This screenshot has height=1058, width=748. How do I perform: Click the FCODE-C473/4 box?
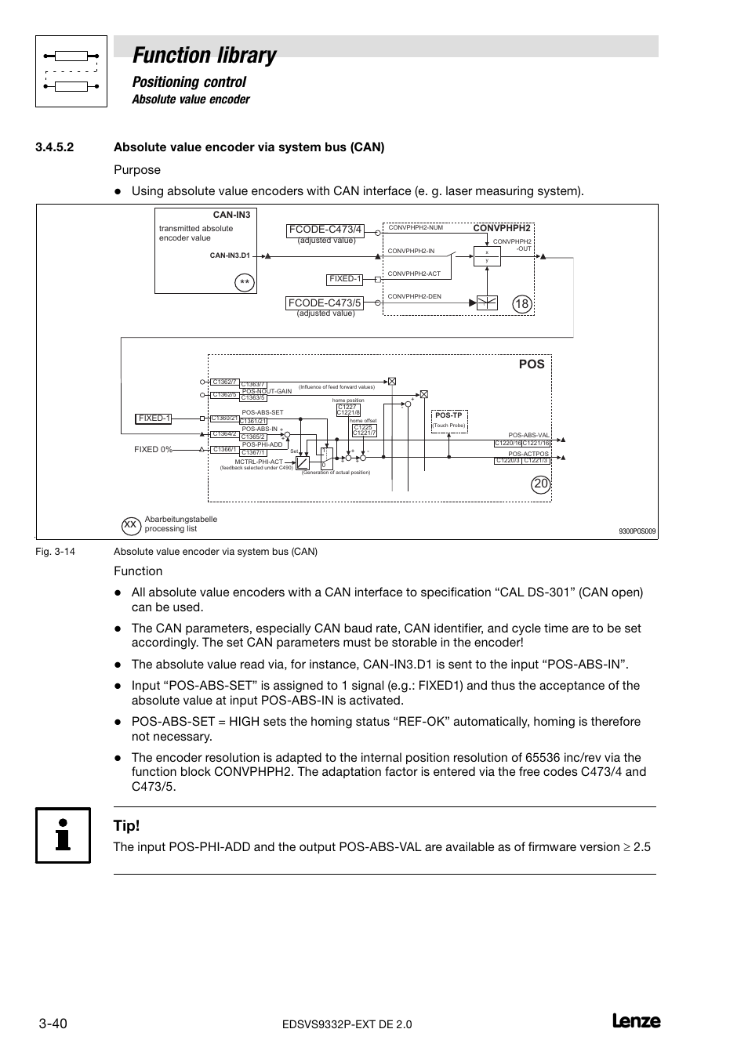pos(325,230)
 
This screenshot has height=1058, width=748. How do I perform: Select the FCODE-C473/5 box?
pos(325,303)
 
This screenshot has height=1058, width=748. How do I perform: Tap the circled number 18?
pos(522,303)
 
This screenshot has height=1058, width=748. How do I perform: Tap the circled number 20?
pos(541,484)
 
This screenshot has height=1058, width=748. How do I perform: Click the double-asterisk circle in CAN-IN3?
pos(245,282)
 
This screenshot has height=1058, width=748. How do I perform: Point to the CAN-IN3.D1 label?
pos(230,255)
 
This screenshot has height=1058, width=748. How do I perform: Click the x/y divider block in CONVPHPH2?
pos(487,256)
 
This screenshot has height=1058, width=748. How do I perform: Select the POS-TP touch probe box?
pos(449,415)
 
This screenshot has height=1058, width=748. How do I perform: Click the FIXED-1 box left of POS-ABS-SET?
pos(154,418)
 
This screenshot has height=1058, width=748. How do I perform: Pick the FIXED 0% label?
pos(152,450)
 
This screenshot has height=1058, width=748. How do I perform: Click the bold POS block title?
pos(531,364)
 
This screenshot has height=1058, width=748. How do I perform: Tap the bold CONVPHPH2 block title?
pos(501,228)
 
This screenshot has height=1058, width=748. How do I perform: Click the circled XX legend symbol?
pos(131,524)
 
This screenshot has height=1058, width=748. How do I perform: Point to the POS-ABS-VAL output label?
pos(528,435)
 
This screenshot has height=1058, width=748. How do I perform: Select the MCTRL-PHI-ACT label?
pos(258,462)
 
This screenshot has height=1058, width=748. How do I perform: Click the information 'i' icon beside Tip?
pos(63,835)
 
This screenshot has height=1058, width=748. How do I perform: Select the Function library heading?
pos(205,56)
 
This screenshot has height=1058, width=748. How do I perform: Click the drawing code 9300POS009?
pos(637,531)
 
